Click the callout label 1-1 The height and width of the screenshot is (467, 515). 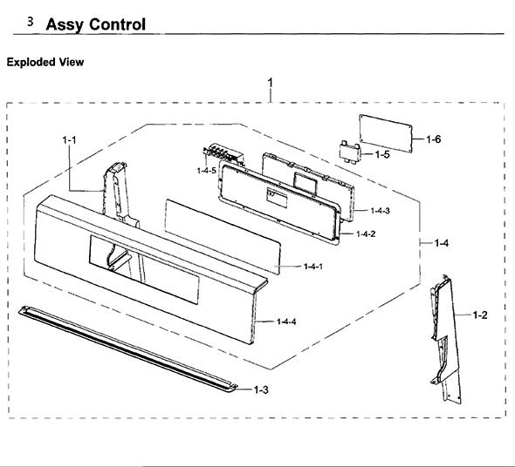(69, 140)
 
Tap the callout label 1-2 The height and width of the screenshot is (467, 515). (480, 315)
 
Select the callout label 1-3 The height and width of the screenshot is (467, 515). (261, 390)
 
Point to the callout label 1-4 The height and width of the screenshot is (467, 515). (442, 243)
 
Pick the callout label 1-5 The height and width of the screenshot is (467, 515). (382, 154)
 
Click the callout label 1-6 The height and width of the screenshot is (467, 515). (434, 139)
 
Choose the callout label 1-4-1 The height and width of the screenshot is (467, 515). (313, 267)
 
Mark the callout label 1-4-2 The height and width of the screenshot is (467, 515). (366, 233)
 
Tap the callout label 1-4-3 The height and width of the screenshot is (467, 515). (381, 211)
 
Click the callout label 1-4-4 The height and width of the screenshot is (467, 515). (286, 321)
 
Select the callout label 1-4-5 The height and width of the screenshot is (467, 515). (207, 171)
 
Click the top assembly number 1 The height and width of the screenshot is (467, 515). (271, 83)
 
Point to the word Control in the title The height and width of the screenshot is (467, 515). (117, 24)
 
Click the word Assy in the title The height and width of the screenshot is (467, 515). (65, 25)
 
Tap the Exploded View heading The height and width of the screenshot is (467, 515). (45, 62)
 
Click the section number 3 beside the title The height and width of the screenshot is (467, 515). (31, 22)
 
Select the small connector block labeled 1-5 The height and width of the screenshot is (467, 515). (349, 152)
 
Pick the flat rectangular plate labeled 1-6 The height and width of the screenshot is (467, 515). (386, 133)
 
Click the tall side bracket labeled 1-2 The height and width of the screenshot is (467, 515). (446, 340)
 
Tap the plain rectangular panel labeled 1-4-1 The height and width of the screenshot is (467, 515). (223, 237)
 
